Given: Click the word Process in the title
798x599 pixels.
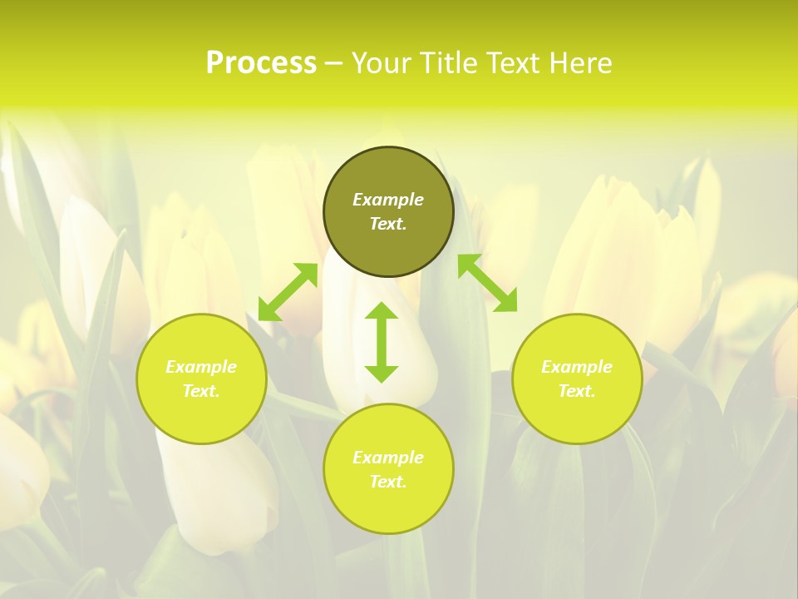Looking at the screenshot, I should point(261,63).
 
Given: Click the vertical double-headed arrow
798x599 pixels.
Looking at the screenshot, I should point(382,342).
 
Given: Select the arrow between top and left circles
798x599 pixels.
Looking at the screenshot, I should point(288,292).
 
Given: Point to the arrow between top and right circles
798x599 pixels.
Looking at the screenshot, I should point(487,283).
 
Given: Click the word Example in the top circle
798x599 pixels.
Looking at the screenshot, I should point(388,200).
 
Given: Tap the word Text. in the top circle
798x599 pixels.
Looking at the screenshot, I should point(388,224).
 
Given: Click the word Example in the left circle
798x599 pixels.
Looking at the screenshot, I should point(201,367).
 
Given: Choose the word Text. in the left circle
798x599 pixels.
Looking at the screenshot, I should point(201,391).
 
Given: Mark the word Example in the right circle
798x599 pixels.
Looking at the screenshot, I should point(577,367).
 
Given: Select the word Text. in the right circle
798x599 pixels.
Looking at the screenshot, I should point(577,391).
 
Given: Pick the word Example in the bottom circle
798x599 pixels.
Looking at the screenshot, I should point(388,458).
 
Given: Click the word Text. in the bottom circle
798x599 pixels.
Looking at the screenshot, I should point(388,482).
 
